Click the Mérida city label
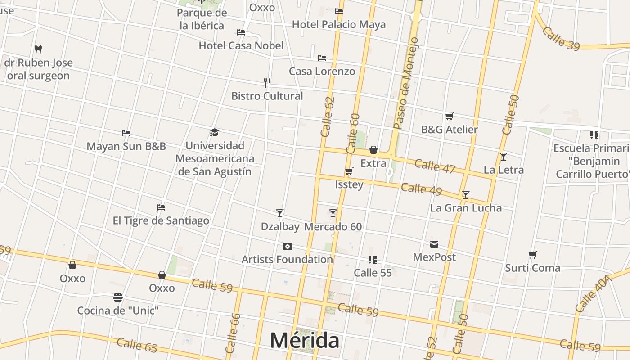(305, 340)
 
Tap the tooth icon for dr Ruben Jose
(38, 49)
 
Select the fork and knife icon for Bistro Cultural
(267, 83)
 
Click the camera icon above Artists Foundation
(287, 246)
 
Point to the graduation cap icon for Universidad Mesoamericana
(215, 132)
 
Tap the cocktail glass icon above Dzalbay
(280, 213)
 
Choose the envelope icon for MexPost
(434, 244)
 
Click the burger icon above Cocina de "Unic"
(118, 297)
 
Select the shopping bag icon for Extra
(373, 150)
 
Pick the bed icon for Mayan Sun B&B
(126, 133)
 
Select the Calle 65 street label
(137, 345)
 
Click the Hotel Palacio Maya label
(339, 24)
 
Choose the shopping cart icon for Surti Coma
(533, 255)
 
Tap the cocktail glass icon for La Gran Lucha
(466, 195)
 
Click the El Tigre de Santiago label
(161, 220)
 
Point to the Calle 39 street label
(560, 39)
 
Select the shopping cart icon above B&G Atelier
(449, 117)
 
